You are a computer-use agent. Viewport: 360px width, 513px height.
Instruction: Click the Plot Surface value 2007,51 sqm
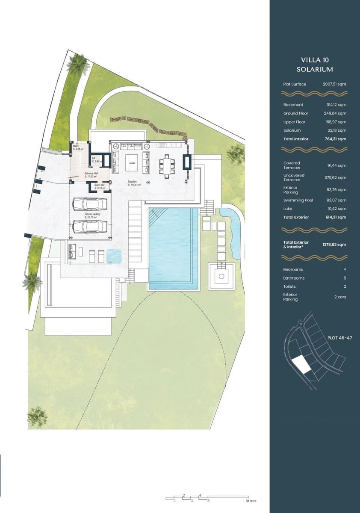point(334,84)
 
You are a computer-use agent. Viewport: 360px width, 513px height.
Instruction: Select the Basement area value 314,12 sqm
point(336,105)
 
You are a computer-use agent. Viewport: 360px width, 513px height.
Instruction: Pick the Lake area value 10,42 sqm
point(336,209)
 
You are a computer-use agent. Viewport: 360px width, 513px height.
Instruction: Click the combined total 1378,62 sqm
point(334,245)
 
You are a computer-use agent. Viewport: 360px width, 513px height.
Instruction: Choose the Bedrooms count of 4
point(345,269)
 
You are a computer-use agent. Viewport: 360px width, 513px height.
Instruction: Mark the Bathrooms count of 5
point(345,278)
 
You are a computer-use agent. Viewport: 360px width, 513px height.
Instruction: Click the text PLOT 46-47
point(339,338)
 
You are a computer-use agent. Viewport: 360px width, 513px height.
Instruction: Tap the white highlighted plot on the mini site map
point(303,365)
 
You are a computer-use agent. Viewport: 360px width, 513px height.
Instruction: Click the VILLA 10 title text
point(314,60)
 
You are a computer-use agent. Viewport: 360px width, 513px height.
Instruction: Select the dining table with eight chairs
point(167,165)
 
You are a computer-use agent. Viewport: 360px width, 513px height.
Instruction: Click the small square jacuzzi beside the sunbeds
point(114,256)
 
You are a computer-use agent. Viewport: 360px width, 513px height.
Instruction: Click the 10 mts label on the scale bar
point(251,501)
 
